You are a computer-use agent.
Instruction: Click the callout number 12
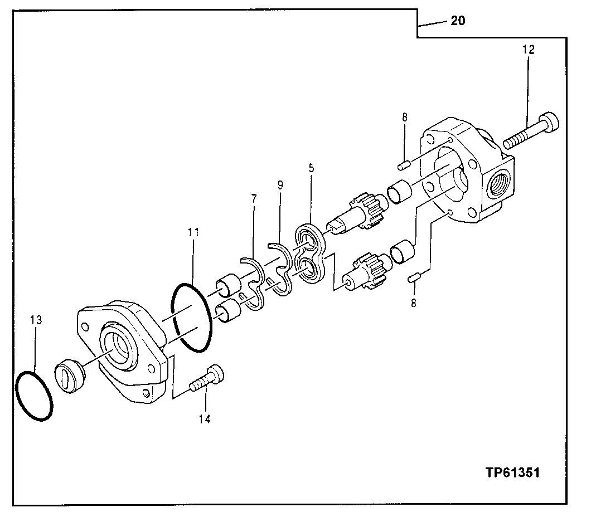pyautogui.click(x=529, y=50)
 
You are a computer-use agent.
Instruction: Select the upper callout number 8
pyautogui.click(x=405, y=118)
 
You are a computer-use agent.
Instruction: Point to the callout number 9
pyautogui.click(x=279, y=184)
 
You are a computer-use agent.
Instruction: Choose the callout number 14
pyautogui.click(x=205, y=419)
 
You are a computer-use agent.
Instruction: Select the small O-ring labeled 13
pyautogui.click(x=34, y=395)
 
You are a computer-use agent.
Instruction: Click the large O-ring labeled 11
pyautogui.click(x=191, y=318)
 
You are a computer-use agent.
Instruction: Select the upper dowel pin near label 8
pyautogui.click(x=404, y=164)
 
